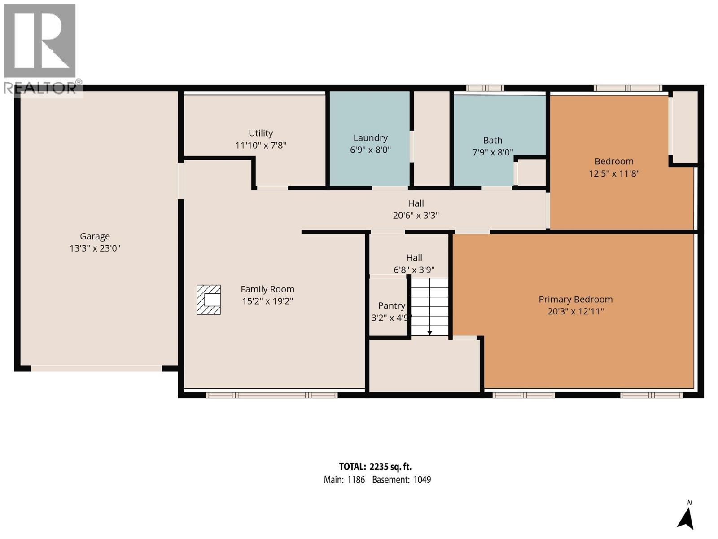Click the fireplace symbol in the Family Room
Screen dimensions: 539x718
(x=209, y=300)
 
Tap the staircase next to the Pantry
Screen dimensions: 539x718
(x=430, y=306)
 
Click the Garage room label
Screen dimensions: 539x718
(x=95, y=236)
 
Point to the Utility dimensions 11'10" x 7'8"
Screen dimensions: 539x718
(x=261, y=146)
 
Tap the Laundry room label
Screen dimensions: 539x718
(x=370, y=138)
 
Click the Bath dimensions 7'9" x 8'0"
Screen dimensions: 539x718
(x=492, y=153)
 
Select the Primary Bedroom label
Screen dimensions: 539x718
(x=575, y=300)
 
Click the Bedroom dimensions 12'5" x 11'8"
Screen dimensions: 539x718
(x=614, y=174)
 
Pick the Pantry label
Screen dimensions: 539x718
(x=391, y=306)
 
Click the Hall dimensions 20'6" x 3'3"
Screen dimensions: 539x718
(x=416, y=216)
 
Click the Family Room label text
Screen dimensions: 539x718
(x=267, y=289)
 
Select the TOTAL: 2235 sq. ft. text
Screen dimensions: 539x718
(x=375, y=467)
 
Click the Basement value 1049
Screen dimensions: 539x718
(x=422, y=480)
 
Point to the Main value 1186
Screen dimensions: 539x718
(x=356, y=480)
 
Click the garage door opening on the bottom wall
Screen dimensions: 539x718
(x=96, y=368)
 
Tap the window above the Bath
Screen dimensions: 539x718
(x=485, y=88)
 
